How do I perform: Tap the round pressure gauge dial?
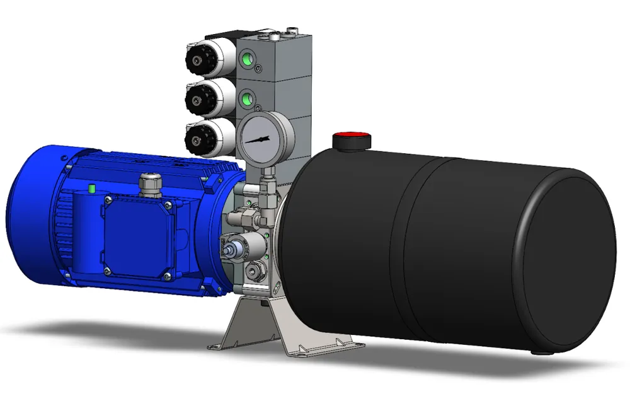click(x=259, y=138)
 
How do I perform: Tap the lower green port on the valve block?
click(x=246, y=98)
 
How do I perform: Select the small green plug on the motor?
click(x=92, y=188)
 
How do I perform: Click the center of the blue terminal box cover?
click(x=137, y=238)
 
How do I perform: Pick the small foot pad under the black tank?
click(x=536, y=351)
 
